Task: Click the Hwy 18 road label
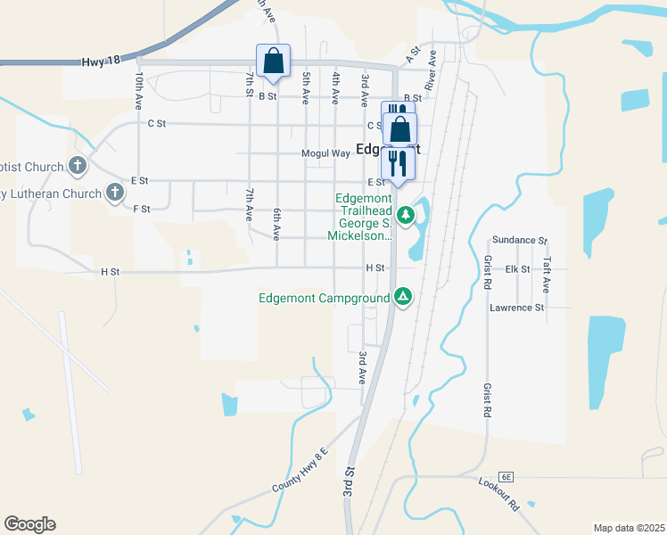(x=99, y=62)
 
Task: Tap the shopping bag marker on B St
(x=273, y=62)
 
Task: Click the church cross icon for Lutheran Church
(x=114, y=193)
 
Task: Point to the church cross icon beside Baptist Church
(x=78, y=166)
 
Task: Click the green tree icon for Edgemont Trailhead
(x=406, y=215)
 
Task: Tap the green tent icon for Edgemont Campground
(x=403, y=297)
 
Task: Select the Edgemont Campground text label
(x=325, y=298)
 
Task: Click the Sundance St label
(x=518, y=241)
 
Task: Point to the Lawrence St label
(x=516, y=308)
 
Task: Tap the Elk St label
(x=518, y=268)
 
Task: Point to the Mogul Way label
(x=325, y=153)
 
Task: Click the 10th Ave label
(x=139, y=93)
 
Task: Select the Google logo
(x=29, y=524)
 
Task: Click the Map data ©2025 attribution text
(x=629, y=528)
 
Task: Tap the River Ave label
(x=432, y=70)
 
